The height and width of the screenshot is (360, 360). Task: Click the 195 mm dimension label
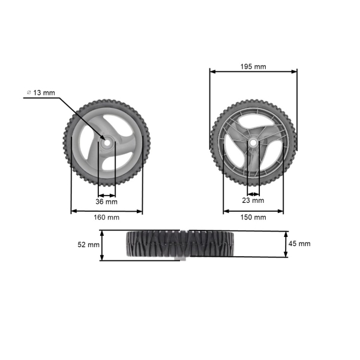tap(253, 67)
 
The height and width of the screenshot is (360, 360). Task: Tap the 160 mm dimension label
tap(107, 217)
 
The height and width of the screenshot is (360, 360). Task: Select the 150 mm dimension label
tap(253, 217)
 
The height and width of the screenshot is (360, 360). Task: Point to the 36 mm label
tap(107, 202)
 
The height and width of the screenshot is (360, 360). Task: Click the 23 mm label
tap(253, 200)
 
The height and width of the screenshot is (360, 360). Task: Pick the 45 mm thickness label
tap(299, 244)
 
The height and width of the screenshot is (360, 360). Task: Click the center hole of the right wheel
tap(253, 143)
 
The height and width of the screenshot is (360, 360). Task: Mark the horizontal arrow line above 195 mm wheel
tap(253, 71)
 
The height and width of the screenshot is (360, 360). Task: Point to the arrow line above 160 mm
tap(107, 211)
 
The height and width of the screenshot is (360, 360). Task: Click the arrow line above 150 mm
tap(253, 211)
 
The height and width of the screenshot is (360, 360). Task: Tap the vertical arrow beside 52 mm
tap(103, 245)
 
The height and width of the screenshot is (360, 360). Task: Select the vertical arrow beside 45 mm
tap(286, 244)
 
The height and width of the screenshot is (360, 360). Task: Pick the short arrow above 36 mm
tap(107, 195)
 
